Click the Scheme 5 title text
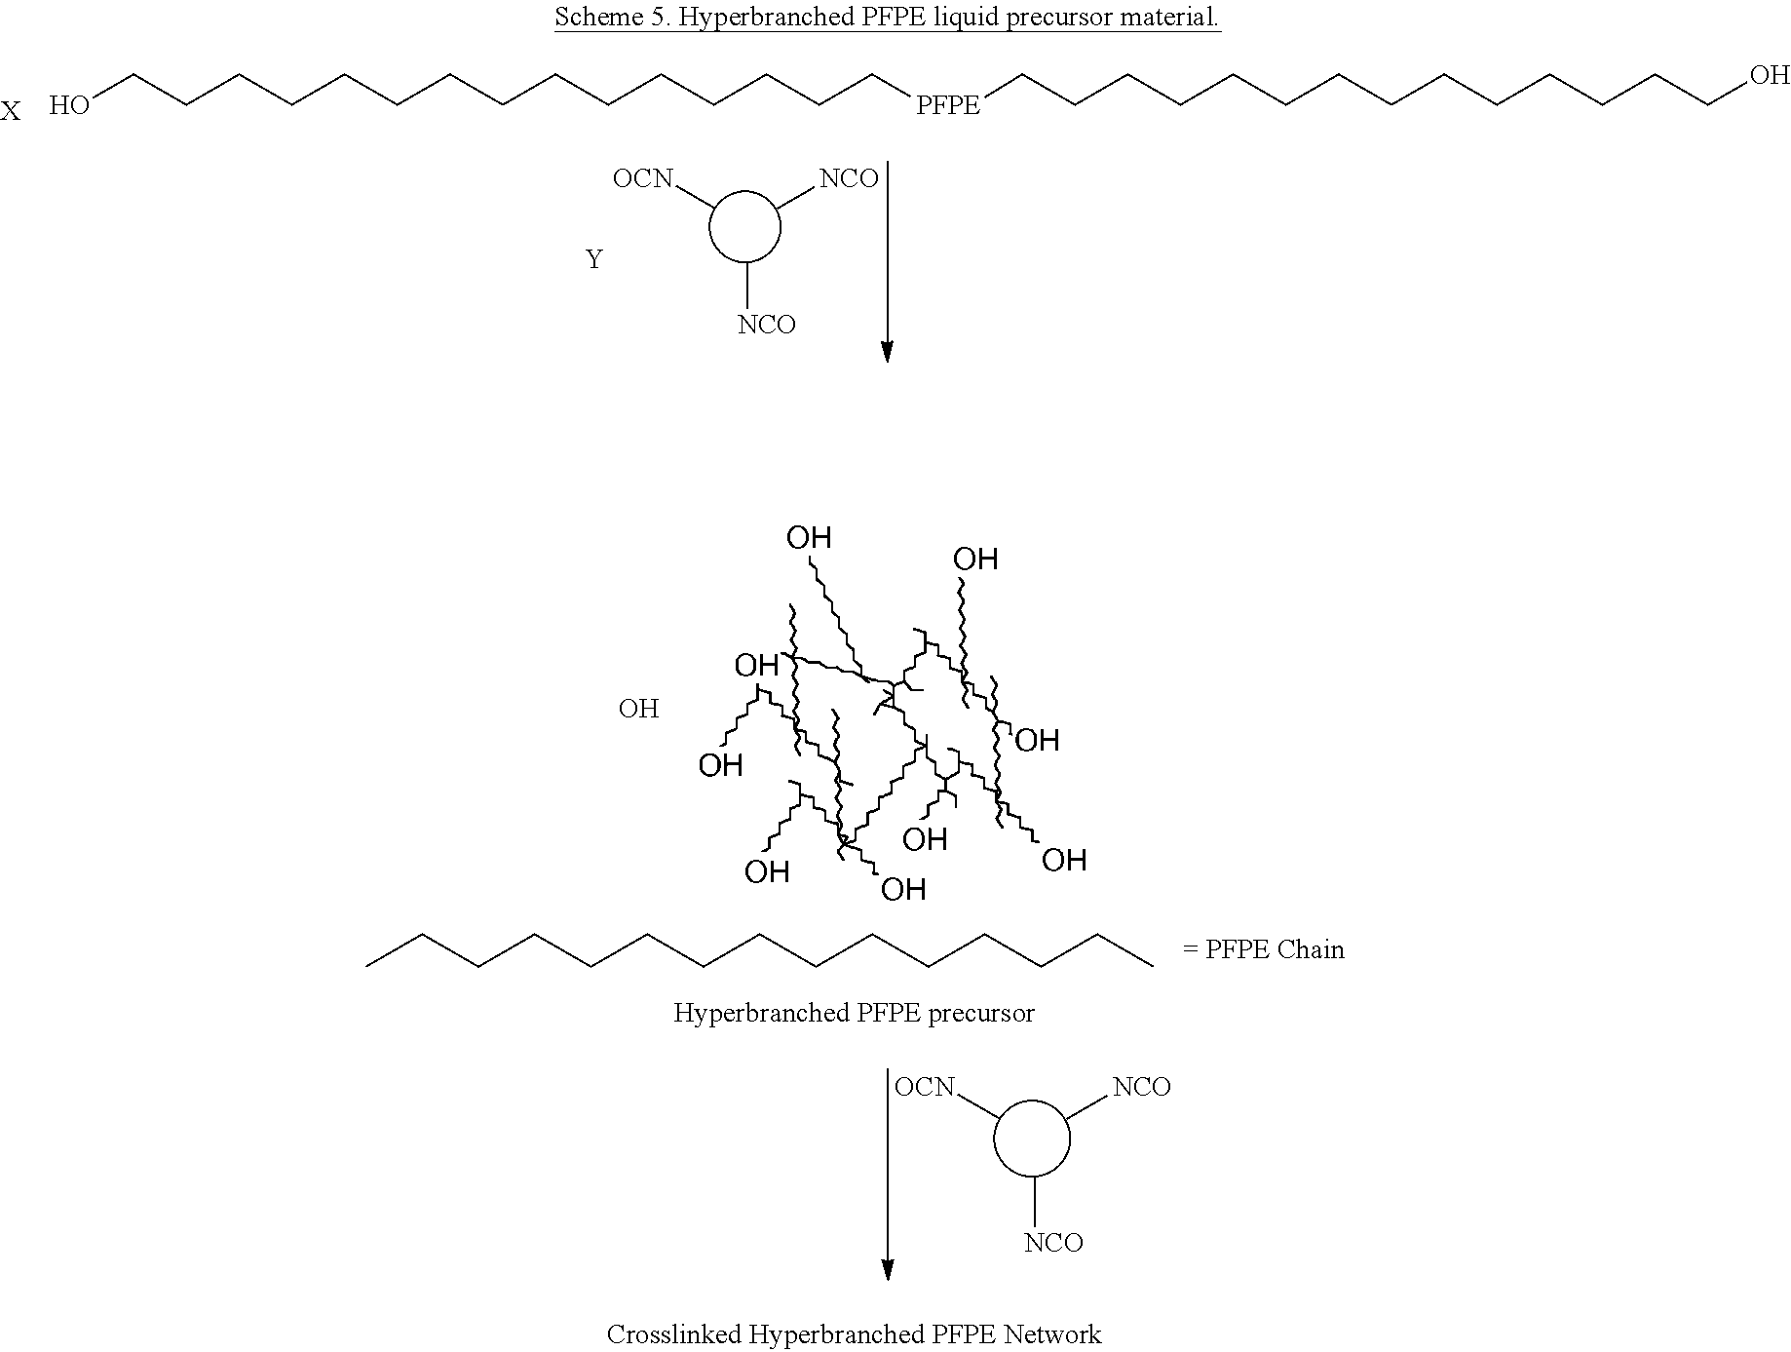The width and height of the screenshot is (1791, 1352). click(x=888, y=18)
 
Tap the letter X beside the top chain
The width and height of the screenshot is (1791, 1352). click(x=10, y=112)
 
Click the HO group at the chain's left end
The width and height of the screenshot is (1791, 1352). click(x=69, y=105)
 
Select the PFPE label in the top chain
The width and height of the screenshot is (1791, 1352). click(x=948, y=105)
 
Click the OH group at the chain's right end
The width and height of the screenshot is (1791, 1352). click(x=1770, y=75)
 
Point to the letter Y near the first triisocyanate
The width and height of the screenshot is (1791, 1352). click(x=594, y=260)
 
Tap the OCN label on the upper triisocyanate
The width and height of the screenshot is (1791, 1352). click(x=643, y=178)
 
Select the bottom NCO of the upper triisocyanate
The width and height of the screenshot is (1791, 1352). click(x=767, y=325)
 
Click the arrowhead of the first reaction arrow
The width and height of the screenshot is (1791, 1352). click(x=887, y=352)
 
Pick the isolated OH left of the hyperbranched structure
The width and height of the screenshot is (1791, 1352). click(x=639, y=709)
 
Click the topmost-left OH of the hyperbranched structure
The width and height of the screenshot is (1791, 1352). click(x=809, y=537)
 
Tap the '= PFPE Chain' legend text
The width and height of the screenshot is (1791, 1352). click(x=1263, y=949)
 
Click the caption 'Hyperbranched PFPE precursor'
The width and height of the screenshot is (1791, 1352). click(x=854, y=1013)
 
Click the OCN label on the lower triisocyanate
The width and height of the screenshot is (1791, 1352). click(x=926, y=1087)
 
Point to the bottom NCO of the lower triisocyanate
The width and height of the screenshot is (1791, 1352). click(x=1053, y=1243)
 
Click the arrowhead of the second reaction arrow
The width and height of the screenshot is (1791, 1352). click(x=888, y=1268)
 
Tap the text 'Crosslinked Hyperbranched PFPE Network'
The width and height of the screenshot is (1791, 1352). click(x=854, y=1334)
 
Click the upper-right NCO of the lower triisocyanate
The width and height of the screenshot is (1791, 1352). click(x=1142, y=1087)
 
